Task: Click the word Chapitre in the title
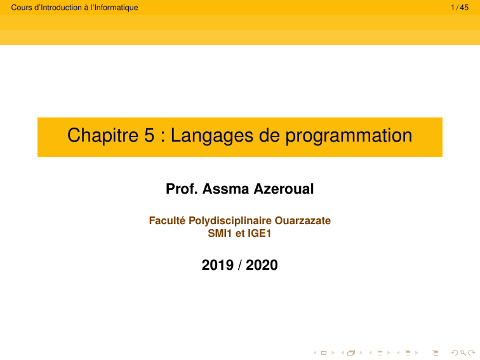(x=98, y=135)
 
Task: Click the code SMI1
(x=220, y=233)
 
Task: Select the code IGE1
(x=260, y=233)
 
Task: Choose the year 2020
(x=262, y=265)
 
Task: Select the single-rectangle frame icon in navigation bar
(x=324, y=352)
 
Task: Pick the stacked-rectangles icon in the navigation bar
(x=350, y=352)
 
